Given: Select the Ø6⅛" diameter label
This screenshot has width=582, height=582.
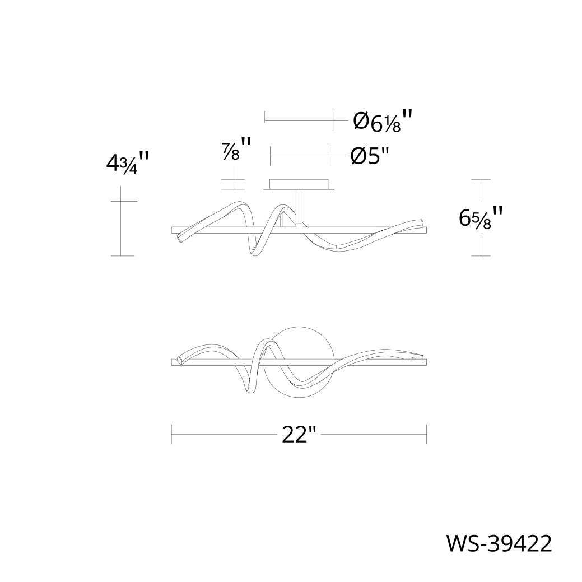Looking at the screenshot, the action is [383, 120].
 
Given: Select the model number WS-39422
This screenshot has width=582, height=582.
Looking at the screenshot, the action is [499, 544].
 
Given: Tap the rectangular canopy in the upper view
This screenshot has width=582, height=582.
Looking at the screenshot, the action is [299, 185].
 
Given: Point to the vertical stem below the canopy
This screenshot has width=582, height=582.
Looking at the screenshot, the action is [299, 207].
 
